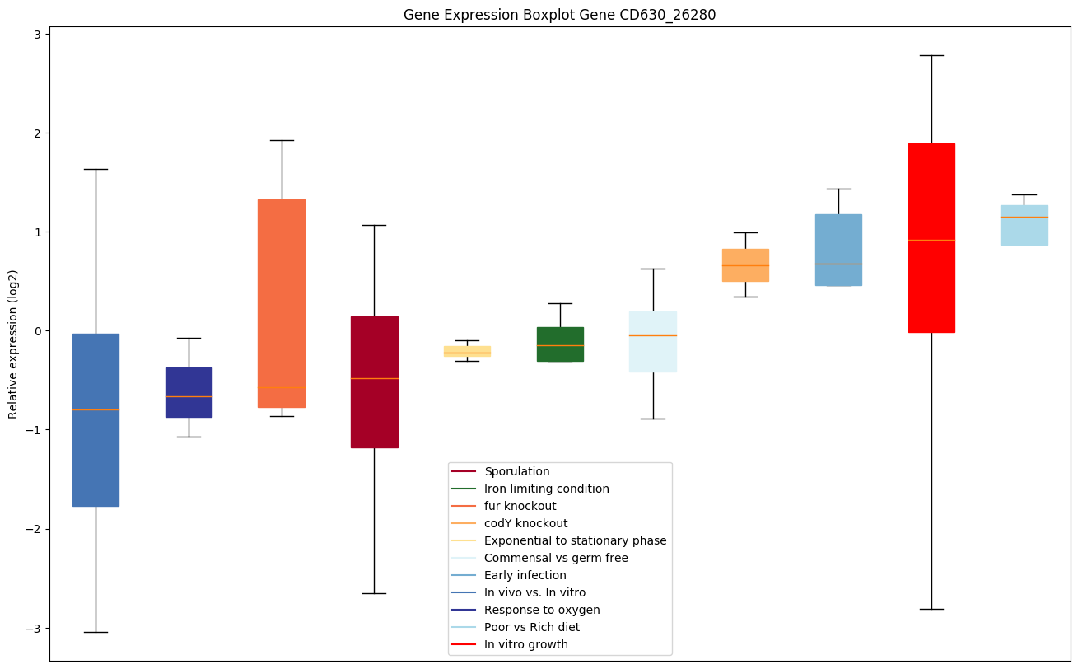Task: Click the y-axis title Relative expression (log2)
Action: (13, 344)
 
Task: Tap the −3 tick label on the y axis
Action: (35, 629)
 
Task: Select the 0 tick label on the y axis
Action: (38, 331)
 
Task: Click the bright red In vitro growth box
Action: (931, 238)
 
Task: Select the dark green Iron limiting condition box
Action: (560, 344)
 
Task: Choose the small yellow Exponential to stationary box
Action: (467, 352)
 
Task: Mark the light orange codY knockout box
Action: (745, 265)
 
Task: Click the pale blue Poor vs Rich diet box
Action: (1024, 225)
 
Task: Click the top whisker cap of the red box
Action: (931, 55)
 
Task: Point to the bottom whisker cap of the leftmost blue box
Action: (96, 632)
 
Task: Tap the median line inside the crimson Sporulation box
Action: (375, 378)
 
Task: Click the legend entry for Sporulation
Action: (516, 471)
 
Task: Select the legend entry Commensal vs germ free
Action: (556, 558)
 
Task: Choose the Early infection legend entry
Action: (525, 575)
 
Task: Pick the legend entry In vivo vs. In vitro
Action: (534, 592)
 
